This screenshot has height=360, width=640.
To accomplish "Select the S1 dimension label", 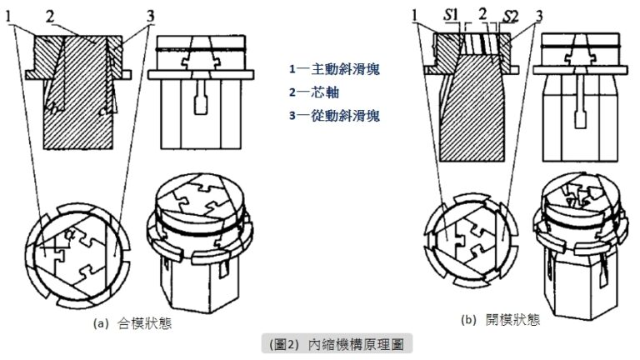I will click(x=451, y=13).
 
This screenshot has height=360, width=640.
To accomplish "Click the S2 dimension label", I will click(x=514, y=13).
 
